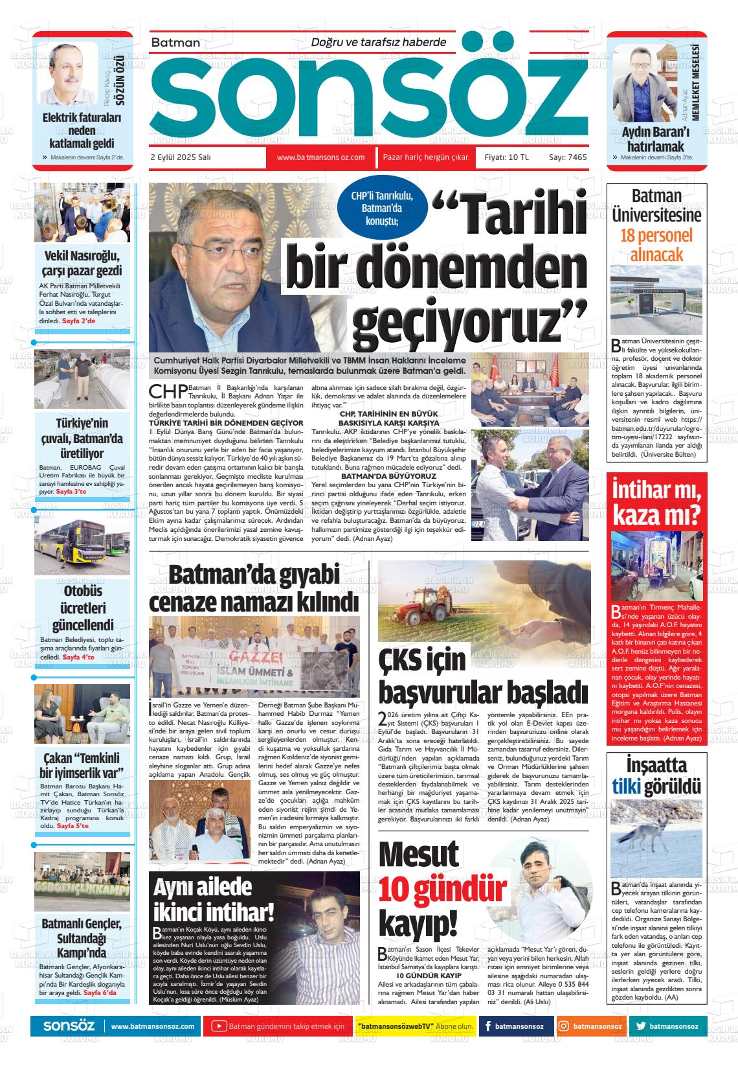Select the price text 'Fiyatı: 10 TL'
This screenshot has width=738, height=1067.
coord(506,157)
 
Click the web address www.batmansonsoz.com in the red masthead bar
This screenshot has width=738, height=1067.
coord(320,157)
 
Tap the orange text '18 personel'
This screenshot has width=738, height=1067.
coord(656,235)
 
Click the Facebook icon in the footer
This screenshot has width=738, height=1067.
coord(487,1026)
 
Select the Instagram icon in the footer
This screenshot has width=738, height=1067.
coord(564,1026)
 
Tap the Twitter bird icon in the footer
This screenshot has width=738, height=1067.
coord(641,1026)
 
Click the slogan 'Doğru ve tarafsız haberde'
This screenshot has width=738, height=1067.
coord(379,42)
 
